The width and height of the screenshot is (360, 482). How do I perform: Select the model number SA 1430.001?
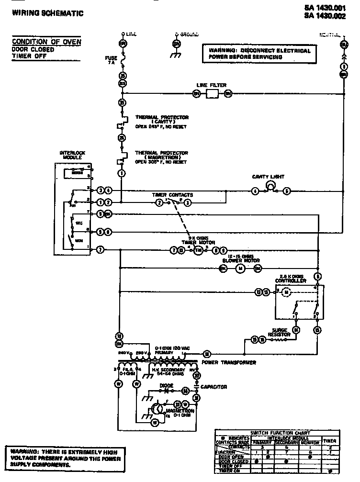[x=328, y=8]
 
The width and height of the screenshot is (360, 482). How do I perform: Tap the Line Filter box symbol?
[x=212, y=94]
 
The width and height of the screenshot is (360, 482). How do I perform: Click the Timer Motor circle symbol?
[x=198, y=250]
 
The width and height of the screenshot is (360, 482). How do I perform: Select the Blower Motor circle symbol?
[x=241, y=269]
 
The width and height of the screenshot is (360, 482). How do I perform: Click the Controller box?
[x=299, y=302]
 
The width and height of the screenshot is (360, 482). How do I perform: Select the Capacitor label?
[x=214, y=387]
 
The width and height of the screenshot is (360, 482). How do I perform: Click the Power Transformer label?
[x=228, y=362]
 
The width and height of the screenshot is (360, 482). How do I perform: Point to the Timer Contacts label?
[x=172, y=195]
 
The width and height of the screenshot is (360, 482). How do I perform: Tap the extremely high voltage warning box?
[x=65, y=458]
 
